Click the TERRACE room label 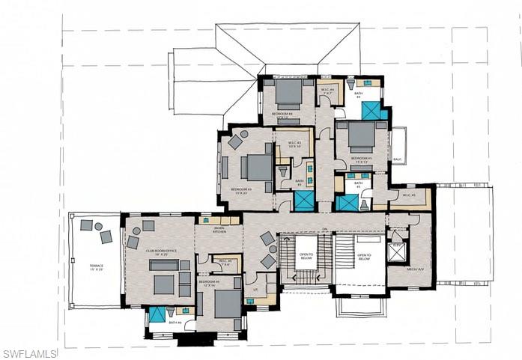[x=96, y=267]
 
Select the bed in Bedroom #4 [x=288, y=94]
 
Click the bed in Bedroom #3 [x=257, y=168]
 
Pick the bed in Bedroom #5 [x=361, y=138]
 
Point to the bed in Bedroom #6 [x=227, y=304]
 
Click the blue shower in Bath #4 [x=371, y=111]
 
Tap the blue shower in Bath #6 [x=157, y=315]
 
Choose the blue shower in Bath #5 [x=347, y=203]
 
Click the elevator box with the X [x=396, y=252]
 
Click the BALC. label [x=397, y=159]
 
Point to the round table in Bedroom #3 [x=244, y=134]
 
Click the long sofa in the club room [x=165, y=265]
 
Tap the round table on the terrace [x=98, y=227]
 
